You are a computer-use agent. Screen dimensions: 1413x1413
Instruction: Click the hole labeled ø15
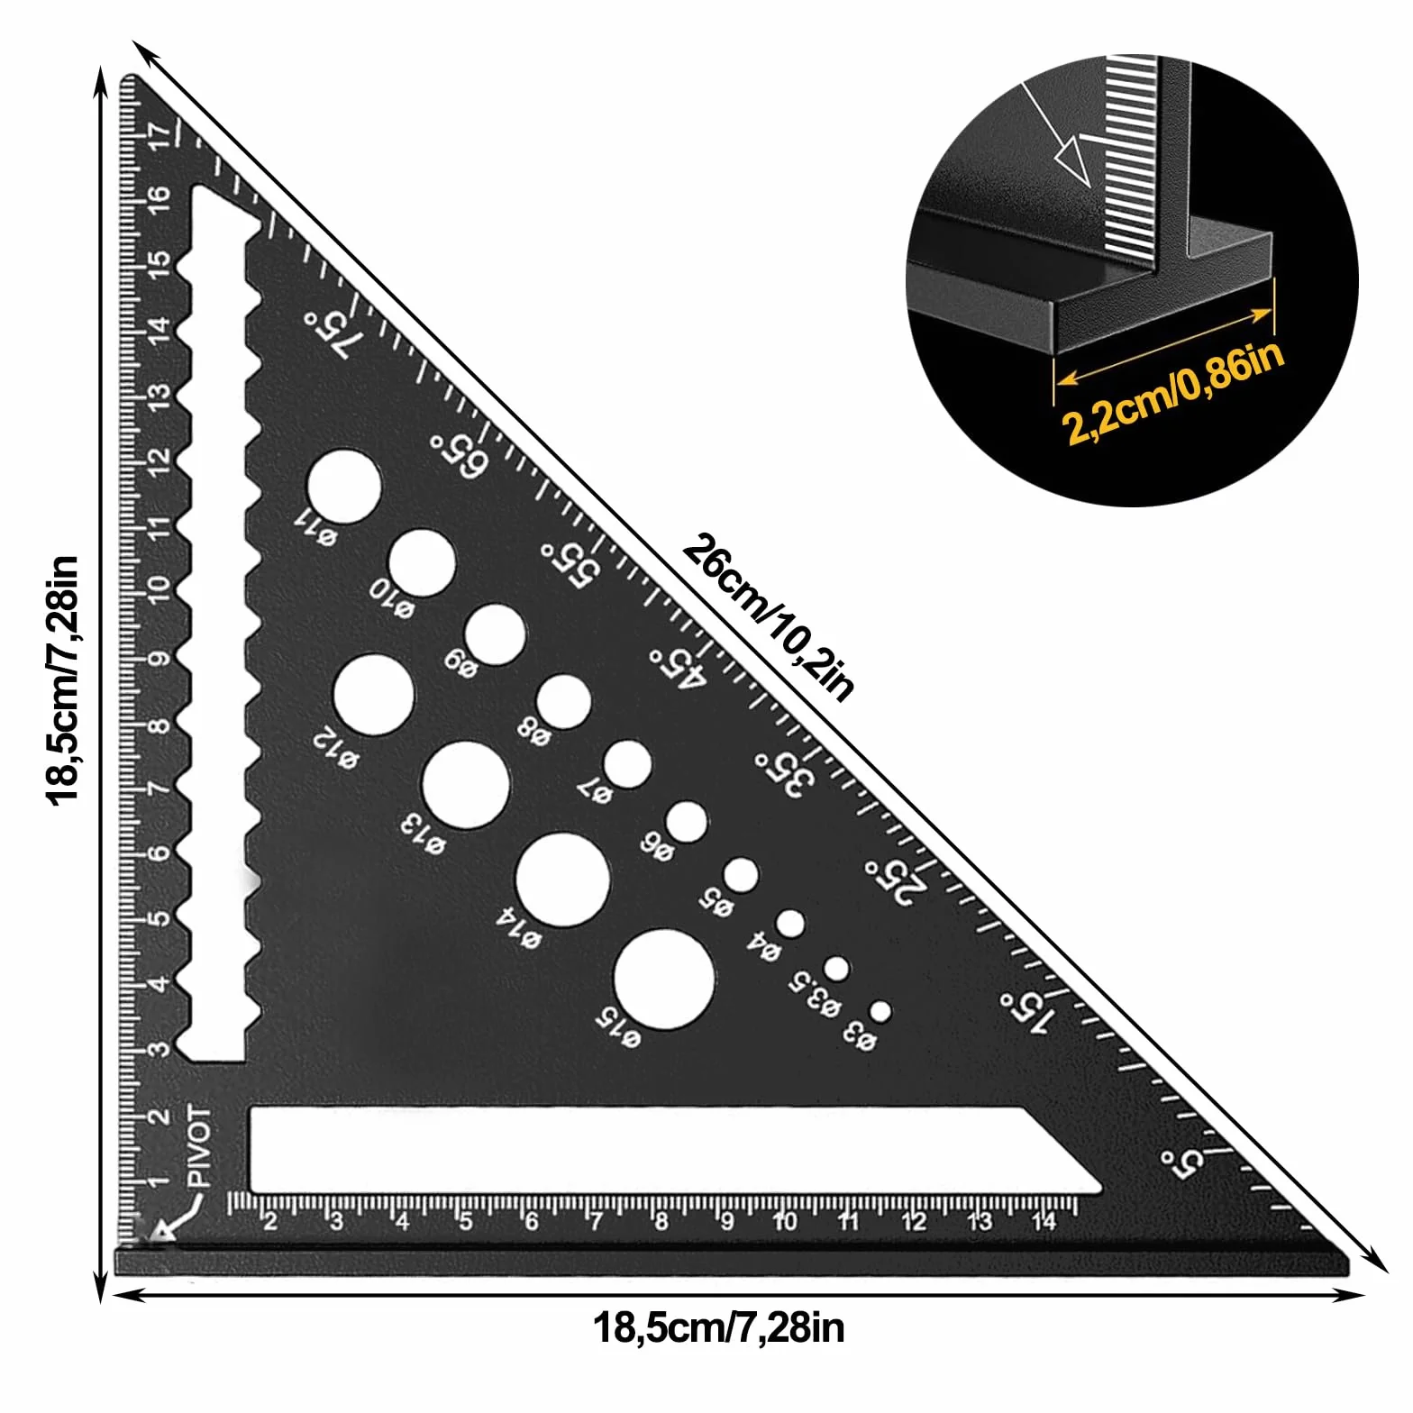(664, 980)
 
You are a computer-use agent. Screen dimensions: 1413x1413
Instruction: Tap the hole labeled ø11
(343, 487)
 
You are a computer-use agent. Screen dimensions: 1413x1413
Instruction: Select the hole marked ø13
(466, 785)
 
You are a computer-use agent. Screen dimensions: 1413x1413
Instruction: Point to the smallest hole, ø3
(880, 1011)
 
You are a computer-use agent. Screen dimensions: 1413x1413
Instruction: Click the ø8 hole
(564, 702)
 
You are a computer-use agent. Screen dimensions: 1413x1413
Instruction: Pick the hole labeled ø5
(741, 875)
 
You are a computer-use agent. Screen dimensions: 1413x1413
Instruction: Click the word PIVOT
(200, 1147)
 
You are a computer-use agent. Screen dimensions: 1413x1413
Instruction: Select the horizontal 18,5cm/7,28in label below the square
(719, 1326)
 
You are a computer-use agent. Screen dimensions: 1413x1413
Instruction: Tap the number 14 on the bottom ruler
(1044, 1222)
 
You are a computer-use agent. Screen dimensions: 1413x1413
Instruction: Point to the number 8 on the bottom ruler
(662, 1223)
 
